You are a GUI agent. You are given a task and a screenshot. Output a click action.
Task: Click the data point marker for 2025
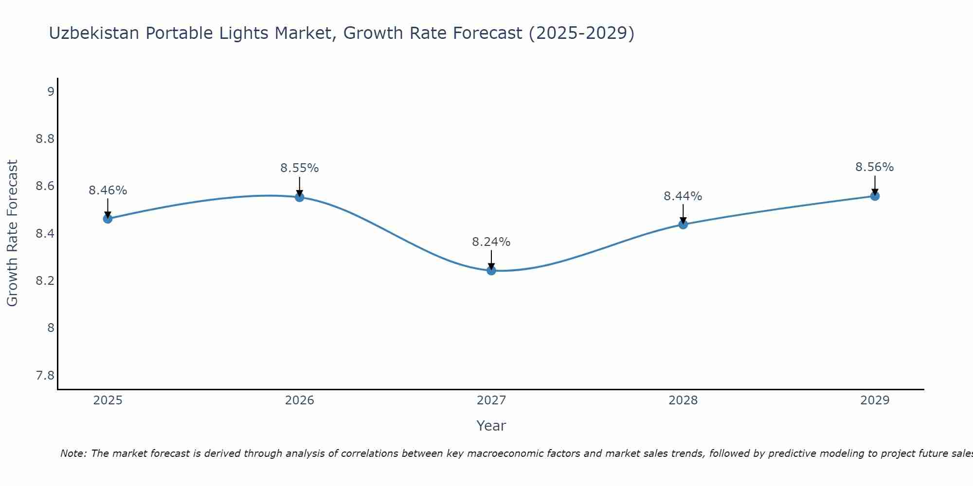pos(108,219)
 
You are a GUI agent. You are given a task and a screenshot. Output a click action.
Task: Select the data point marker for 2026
pos(300,197)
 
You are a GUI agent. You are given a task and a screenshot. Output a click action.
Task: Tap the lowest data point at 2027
pos(491,270)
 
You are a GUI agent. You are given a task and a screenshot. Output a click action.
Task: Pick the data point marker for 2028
pos(683,224)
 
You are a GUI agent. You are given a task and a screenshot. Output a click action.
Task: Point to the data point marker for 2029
pos(875,196)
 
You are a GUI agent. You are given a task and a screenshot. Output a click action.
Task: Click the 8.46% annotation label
pos(108,191)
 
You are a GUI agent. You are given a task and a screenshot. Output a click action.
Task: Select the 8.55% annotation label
pos(300,168)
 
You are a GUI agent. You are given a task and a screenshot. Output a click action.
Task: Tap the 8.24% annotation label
pos(491,242)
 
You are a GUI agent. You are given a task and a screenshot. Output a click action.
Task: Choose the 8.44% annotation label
pos(683,196)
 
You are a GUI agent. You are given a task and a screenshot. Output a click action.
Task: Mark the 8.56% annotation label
pos(875,167)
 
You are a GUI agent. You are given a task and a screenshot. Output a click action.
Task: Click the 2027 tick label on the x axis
pos(491,400)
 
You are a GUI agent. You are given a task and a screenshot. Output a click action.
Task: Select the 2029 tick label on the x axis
pos(875,400)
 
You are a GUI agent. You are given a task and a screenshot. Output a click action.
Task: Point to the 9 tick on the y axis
pos(51,91)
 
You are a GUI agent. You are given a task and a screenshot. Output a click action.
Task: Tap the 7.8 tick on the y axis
pos(45,375)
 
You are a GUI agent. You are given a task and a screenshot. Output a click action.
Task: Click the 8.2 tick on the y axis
pos(45,281)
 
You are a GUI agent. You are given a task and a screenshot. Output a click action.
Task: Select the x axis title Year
pos(491,426)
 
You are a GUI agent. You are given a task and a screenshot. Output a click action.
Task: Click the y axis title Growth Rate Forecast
pos(12,233)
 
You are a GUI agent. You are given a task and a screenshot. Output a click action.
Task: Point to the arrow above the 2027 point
pos(491,259)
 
